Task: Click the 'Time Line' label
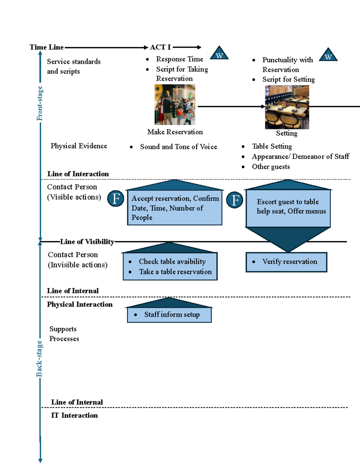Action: point(46,47)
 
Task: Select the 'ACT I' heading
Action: point(160,47)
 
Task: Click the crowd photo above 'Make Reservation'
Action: point(175,104)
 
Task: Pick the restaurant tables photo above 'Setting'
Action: point(287,107)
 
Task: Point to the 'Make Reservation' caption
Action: point(175,132)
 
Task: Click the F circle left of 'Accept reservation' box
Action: point(116,198)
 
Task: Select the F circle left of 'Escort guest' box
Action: point(235,200)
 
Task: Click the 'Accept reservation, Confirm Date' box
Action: point(175,208)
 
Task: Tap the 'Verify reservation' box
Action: point(286,262)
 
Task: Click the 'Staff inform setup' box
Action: point(169,315)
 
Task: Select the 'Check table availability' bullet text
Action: point(172,262)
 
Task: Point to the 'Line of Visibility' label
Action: point(87,242)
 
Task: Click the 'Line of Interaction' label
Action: point(78,174)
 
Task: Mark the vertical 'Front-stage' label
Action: point(40,104)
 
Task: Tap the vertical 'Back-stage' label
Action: point(39,359)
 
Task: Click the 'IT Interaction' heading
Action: point(74,416)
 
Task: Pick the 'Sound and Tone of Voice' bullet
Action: point(178,147)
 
